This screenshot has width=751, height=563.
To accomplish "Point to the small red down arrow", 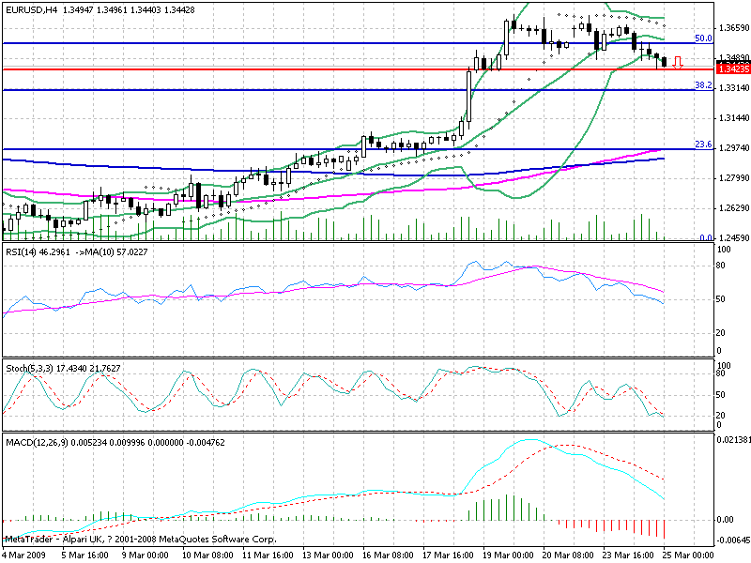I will [677, 63].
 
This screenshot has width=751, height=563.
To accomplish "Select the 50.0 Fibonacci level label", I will [701, 38].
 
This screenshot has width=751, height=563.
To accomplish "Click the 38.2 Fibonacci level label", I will [701, 84].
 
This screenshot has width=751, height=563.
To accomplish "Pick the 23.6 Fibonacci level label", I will [701, 144].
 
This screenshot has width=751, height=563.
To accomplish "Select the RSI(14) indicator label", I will [23, 253].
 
